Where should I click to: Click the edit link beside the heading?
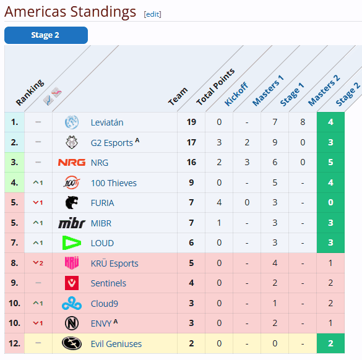click(152, 14)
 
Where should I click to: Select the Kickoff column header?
click(236, 94)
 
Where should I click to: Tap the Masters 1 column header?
click(268, 91)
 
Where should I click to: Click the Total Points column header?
click(215, 87)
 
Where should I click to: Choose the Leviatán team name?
click(107, 122)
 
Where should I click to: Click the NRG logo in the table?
click(72, 163)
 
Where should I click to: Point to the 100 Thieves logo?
click(72, 182)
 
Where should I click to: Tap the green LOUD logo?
click(72, 242)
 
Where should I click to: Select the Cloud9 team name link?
click(105, 304)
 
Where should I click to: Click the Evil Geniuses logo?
click(72, 343)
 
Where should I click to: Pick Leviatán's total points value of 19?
click(191, 122)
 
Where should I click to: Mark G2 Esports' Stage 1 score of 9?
click(275, 142)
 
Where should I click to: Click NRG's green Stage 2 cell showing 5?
click(330, 162)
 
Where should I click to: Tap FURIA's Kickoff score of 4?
click(219, 202)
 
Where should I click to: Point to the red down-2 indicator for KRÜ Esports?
click(38, 263)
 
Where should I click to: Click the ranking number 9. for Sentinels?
click(14, 283)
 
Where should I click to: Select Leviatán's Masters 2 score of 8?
click(303, 122)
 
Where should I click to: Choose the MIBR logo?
click(72, 223)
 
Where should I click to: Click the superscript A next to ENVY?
click(116, 321)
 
